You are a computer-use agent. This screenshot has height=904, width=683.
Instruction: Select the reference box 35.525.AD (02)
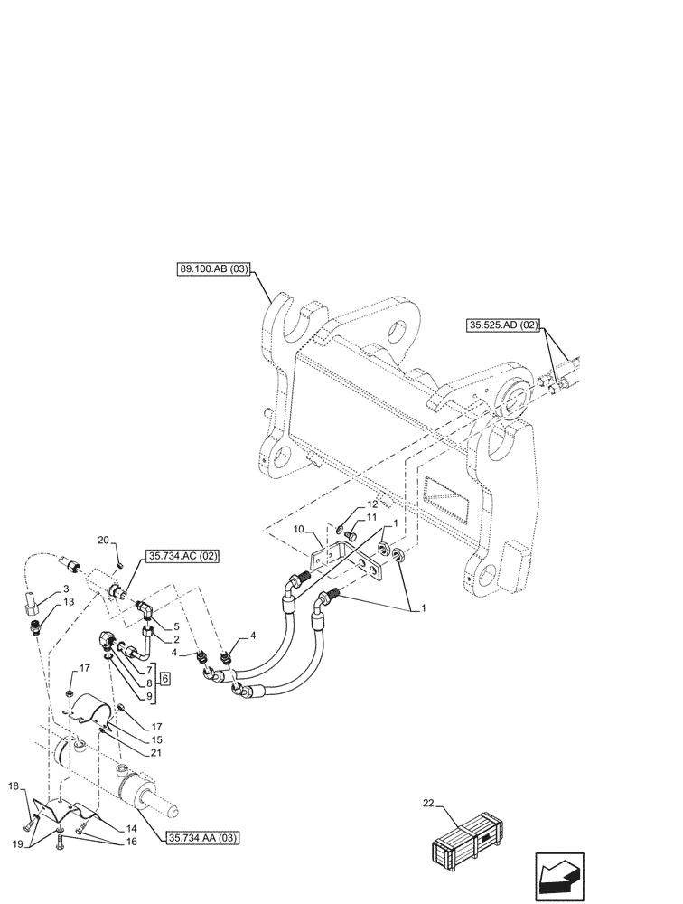click(503, 324)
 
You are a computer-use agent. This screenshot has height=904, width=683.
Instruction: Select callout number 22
click(429, 802)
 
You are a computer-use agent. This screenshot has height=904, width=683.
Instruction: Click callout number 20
click(103, 541)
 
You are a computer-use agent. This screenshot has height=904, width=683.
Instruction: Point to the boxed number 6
click(164, 679)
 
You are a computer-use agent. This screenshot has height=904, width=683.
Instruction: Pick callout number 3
click(68, 589)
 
